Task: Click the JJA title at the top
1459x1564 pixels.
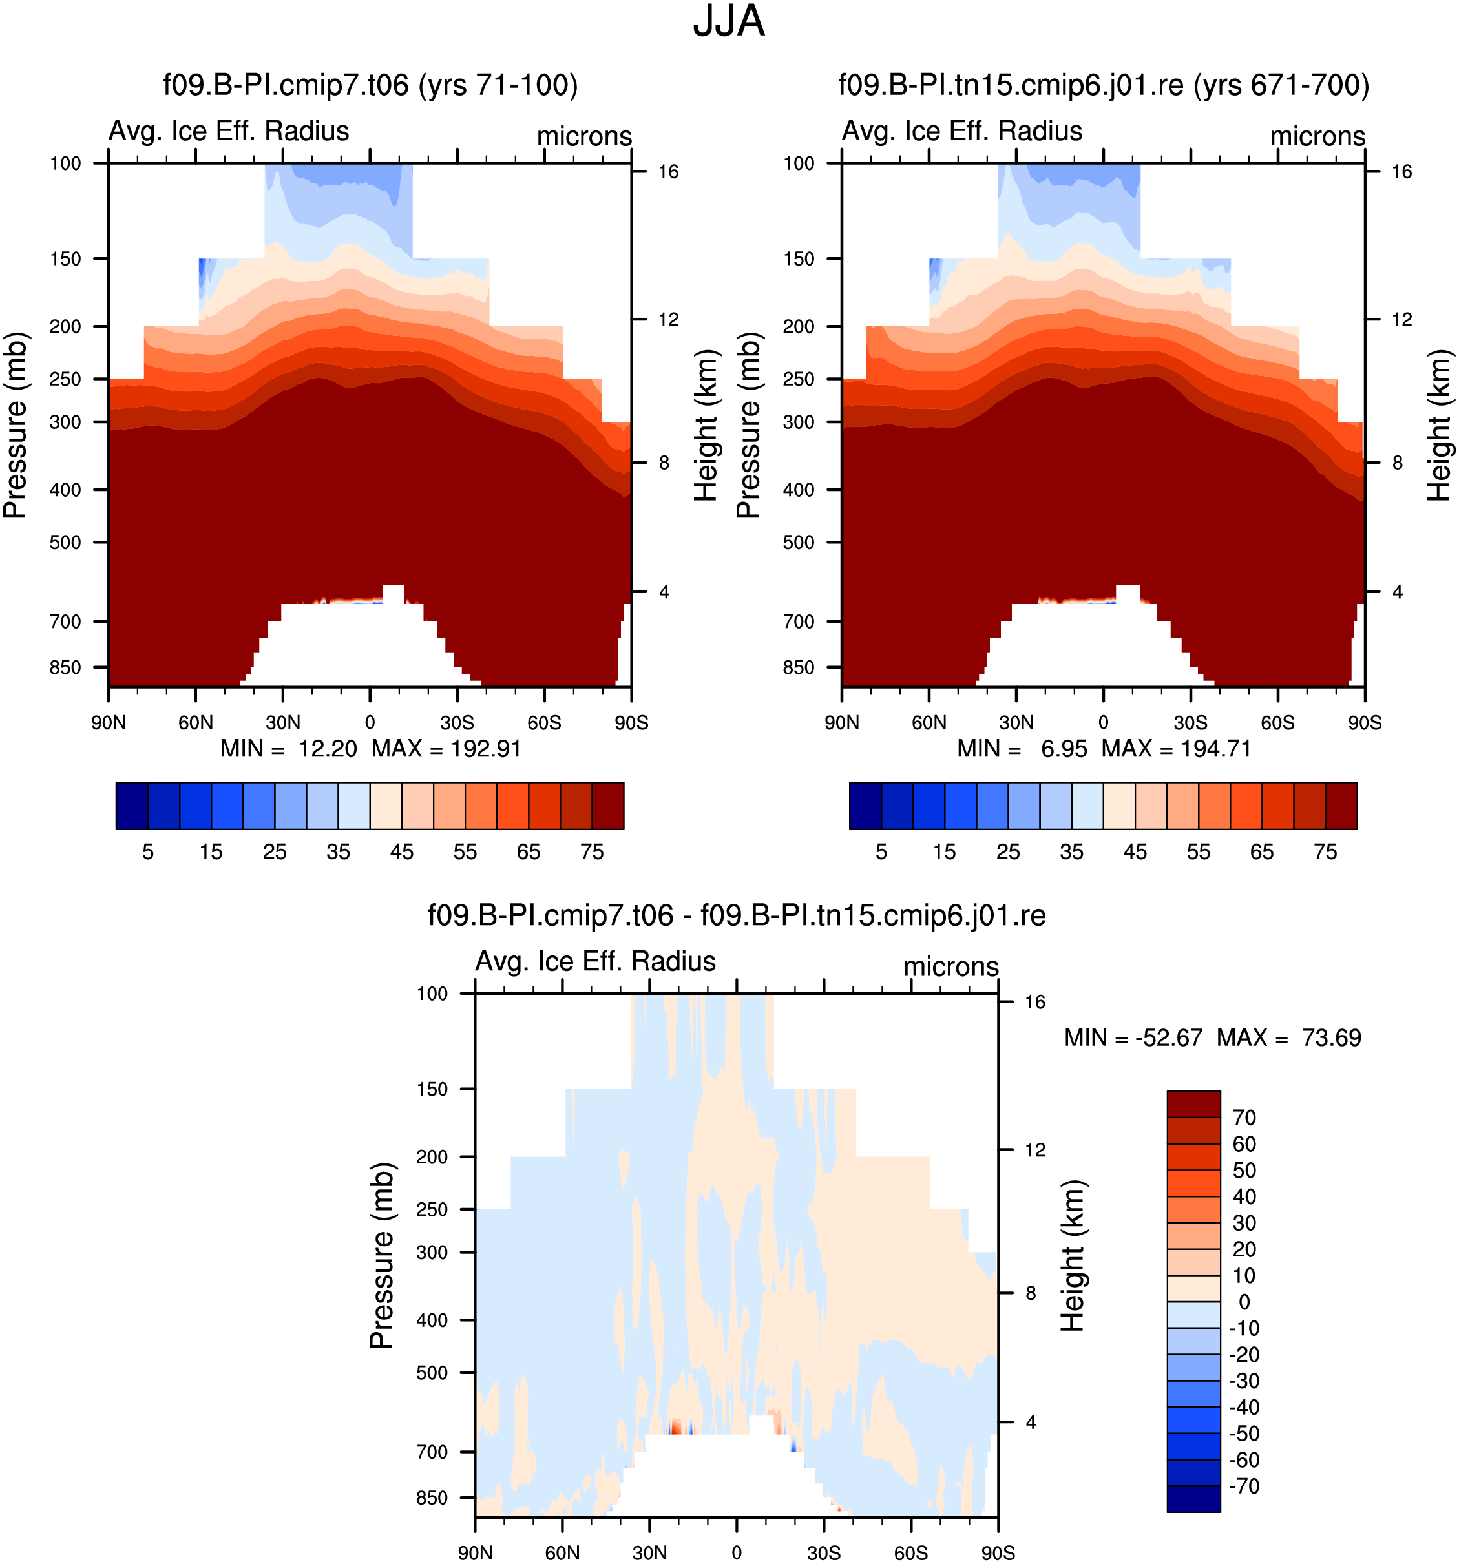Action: (728, 21)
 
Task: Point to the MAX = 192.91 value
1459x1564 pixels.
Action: (446, 748)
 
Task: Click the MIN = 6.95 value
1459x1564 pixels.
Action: (1022, 748)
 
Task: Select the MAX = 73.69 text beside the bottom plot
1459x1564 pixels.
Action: (1289, 1037)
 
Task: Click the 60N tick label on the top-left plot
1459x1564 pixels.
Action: (195, 722)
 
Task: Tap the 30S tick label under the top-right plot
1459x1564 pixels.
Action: (1191, 722)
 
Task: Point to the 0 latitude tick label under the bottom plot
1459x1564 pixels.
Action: (737, 1552)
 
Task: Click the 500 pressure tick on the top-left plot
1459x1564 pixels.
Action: (65, 542)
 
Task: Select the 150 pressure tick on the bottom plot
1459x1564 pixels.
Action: (432, 1089)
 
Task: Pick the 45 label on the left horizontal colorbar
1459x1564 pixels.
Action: (401, 852)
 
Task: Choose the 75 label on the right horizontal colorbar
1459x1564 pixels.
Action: (1325, 852)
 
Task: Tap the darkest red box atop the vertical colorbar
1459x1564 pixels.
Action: (1194, 1104)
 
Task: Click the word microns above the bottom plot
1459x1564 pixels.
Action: (950, 966)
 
